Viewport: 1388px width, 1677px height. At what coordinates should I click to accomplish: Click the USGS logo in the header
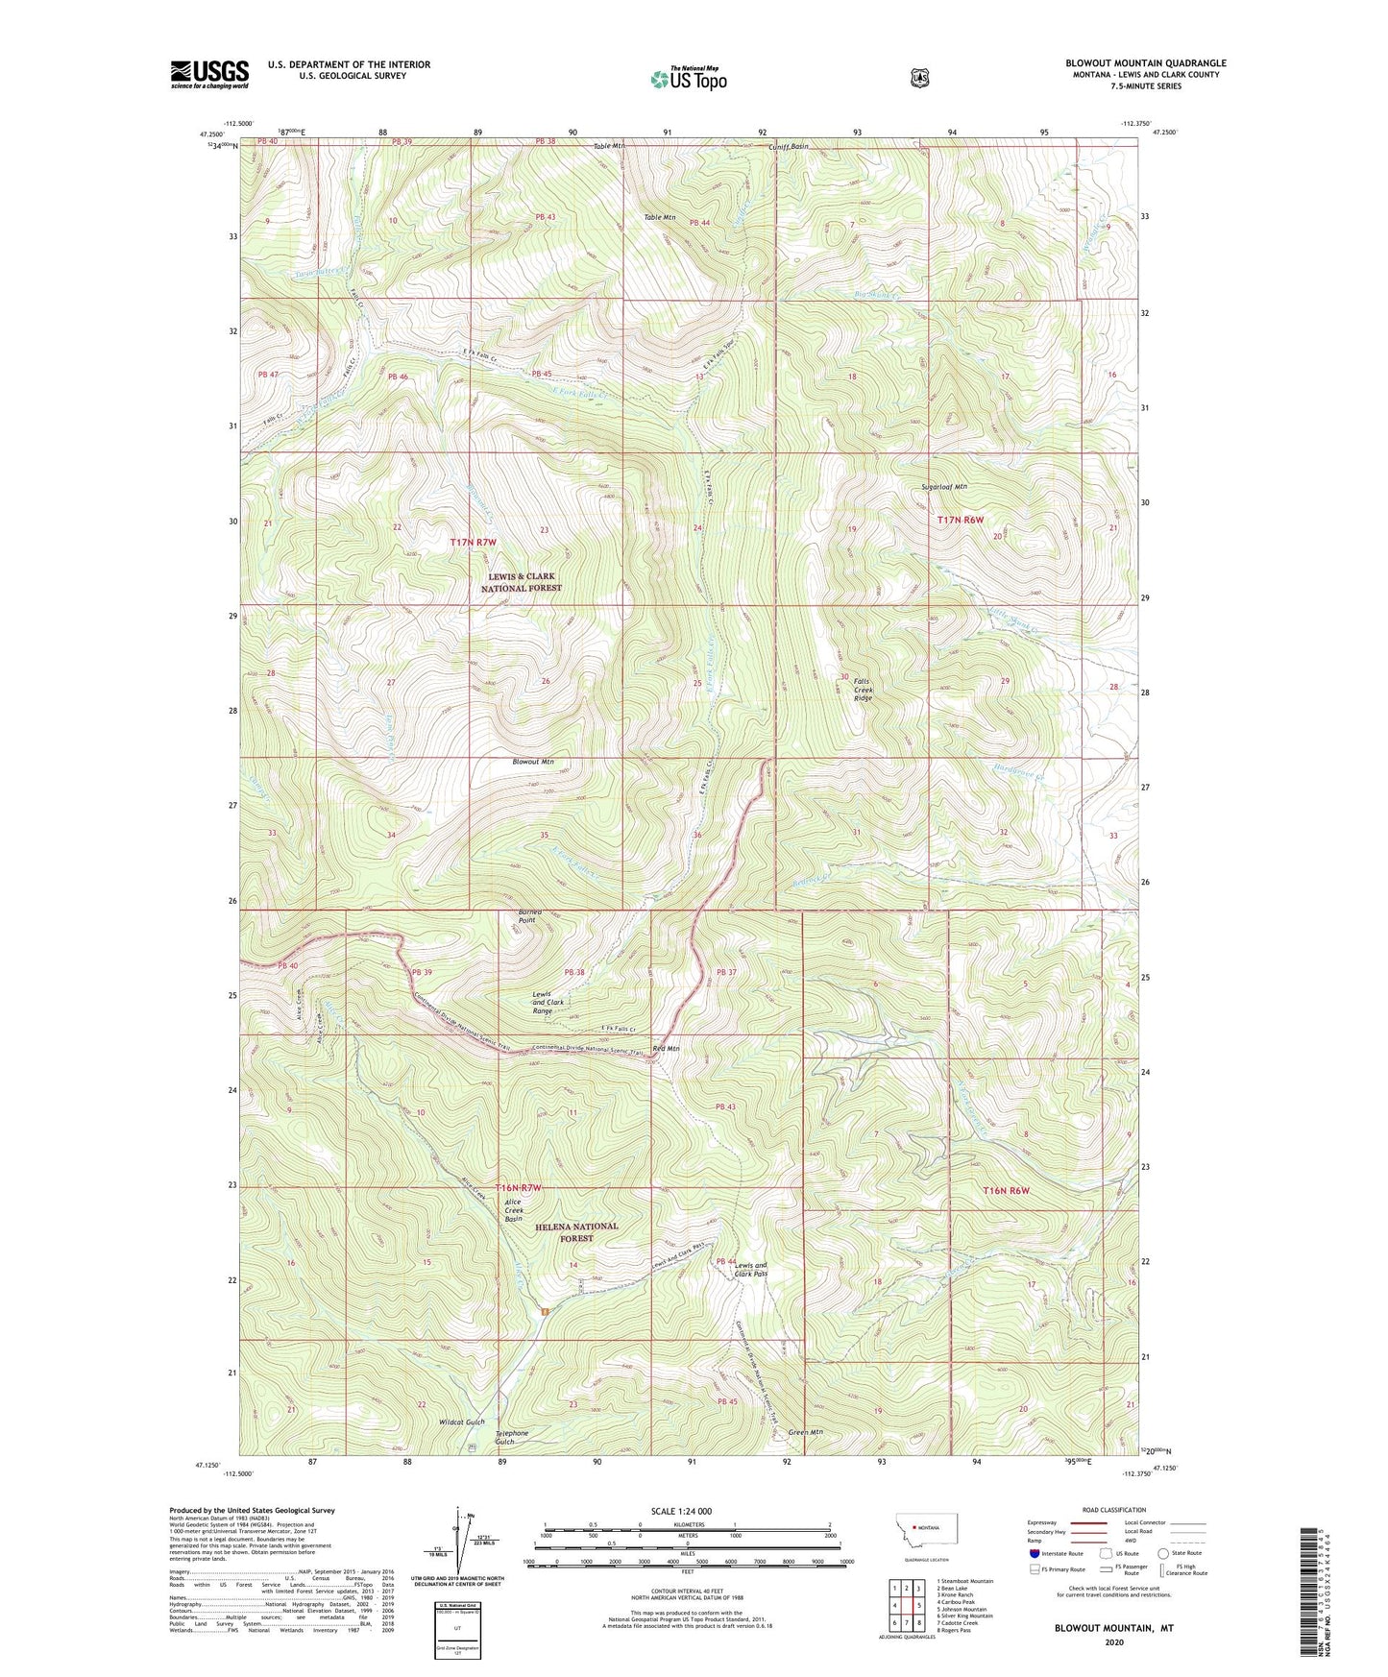click(209, 73)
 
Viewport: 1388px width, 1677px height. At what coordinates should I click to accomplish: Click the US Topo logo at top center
click(687, 79)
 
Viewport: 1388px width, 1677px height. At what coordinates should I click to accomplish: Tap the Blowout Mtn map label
click(533, 762)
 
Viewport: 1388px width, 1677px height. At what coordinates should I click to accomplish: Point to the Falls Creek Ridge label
click(864, 689)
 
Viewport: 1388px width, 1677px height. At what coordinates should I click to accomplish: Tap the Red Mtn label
click(666, 1049)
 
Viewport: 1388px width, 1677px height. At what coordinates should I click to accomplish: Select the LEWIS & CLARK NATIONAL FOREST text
click(521, 582)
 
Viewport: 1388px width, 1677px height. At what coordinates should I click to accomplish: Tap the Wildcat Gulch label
click(462, 1422)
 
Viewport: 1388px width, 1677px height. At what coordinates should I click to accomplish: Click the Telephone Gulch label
click(511, 1438)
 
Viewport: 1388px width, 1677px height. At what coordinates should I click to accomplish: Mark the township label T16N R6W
click(1006, 1190)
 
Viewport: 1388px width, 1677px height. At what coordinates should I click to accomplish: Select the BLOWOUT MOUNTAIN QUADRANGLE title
click(1145, 63)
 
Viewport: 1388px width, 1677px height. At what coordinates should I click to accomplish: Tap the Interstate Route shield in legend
click(1034, 1552)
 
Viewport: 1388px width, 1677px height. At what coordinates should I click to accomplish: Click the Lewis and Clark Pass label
click(750, 1270)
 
